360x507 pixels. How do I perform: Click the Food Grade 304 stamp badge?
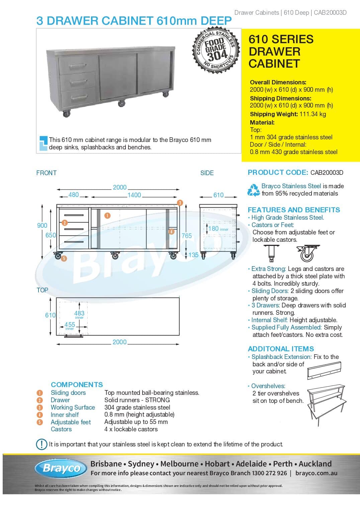pos(216,50)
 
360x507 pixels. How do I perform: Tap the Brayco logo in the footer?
pos(62,468)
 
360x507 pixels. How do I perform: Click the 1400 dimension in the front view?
pos(134,195)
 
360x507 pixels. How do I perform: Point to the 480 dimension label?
pos(74,195)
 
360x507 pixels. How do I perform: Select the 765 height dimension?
pos(187,236)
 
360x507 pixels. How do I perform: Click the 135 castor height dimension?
pos(193,255)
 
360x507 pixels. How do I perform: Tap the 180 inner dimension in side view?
pos(213,229)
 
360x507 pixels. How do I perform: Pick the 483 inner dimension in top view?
pos(79,313)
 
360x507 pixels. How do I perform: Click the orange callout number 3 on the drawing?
pos(180,203)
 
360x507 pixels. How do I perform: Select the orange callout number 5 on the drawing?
pos(64,258)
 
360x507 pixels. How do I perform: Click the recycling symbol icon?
pos(253,190)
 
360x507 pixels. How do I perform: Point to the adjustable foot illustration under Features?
pos(271,253)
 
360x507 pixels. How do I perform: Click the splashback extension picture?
pos(324,370)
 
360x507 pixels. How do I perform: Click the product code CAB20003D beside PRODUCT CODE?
pos(327,173)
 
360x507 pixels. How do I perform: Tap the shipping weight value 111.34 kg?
pos(312,114)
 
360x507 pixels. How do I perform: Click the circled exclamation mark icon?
pos(41,444)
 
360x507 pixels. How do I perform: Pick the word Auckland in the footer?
pos(315,464)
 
